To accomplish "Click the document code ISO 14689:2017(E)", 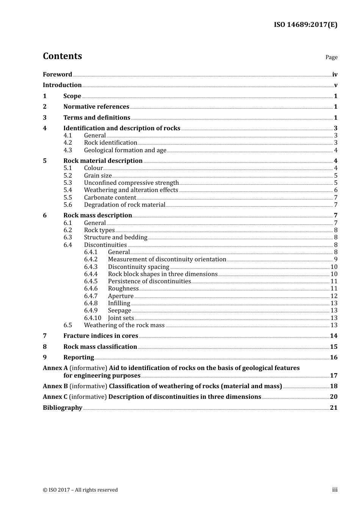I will tap(305, 25).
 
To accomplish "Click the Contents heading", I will tap(62, 56).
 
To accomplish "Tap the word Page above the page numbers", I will tap(331, 57).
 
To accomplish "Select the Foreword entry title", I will tap(57, 74).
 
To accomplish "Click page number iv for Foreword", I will tap(335, 75).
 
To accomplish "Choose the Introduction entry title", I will tap(62, 85).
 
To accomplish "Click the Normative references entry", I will tap(96, 106).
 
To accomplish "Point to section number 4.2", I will tap(67, 143).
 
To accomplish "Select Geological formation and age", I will tap(125, 150).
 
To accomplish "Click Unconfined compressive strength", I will tap(131, 183).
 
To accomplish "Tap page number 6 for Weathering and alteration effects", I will tap(336, 190).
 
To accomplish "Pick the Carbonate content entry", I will tap(110, 197).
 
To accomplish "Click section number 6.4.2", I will tap(91, 259).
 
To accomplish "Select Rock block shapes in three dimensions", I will tap(163, 274).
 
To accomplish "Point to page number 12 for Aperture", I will tap(334, 296).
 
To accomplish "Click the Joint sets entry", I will tap(121, 318).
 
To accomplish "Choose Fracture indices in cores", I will tap(100, 336).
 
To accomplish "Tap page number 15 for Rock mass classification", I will tap(333, 347).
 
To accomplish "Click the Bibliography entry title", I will tap(63, 408).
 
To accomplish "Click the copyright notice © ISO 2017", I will tap(80, 490).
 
